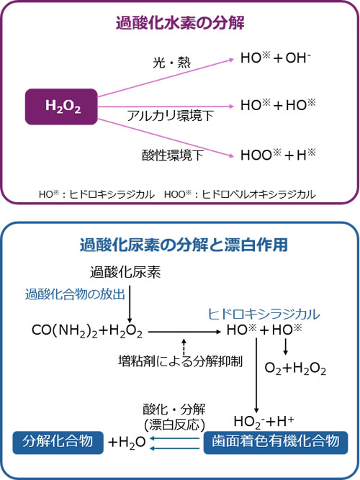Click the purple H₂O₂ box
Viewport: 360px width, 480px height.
61,107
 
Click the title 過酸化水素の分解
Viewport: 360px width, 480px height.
180,23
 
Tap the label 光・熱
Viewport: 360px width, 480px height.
171,63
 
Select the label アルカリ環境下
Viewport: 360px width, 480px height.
170,116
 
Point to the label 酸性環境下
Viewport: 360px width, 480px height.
173,155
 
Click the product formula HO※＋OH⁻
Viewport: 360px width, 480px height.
276,58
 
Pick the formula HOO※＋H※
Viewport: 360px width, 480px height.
278,155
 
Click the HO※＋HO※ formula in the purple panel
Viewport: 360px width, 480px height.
278,105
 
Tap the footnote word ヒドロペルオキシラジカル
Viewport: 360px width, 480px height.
259,194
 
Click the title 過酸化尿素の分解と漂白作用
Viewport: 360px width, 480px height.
184,245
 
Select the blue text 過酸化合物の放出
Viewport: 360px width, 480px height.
75,294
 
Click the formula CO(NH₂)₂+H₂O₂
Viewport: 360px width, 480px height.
87,331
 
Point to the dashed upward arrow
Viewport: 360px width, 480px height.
184,347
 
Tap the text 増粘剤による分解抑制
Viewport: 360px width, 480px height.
181,361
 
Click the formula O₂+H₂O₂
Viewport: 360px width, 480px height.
295,368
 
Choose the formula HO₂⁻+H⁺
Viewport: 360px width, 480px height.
264,422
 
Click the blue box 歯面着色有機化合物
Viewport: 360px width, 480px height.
276,442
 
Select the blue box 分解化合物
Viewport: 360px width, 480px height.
58,442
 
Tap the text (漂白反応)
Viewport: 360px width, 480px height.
174,425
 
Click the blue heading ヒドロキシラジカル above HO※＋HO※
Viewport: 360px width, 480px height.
264,314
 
